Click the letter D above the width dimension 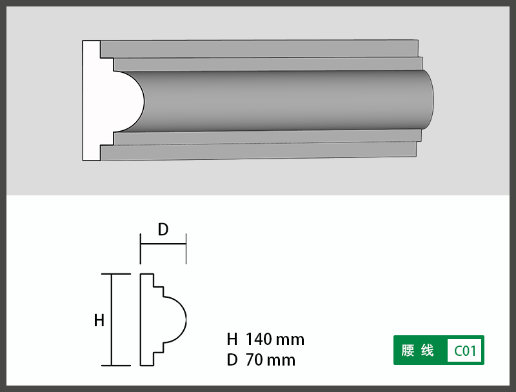[163, 230]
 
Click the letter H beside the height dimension [99, 320]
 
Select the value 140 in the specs [259, 339]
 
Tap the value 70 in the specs [254, 360]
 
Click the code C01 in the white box [465, 351]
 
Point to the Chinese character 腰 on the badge [408, 350]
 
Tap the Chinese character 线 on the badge [427, 350]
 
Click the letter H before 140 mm [232, 339]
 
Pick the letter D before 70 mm [232, 360]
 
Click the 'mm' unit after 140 [290, 340]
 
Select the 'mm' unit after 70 [281, 361]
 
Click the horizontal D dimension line [163, 244]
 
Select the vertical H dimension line [112, 319]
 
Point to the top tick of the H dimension [116, 273]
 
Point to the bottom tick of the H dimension [116, 366]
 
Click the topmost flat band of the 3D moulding [259, 49]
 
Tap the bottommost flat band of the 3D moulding [259, 152]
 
